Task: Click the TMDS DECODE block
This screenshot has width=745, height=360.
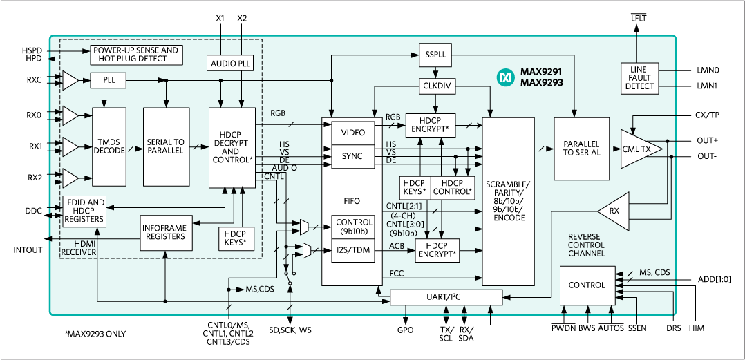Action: point(109,146)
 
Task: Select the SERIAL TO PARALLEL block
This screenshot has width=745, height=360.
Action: point(166,146)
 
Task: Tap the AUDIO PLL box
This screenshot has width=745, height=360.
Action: point(231,64)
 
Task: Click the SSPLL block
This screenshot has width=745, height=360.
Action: point(434,53)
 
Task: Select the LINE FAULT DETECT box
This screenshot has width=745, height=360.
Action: point(639,77)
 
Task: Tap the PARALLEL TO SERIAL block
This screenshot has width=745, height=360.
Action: point(581,148)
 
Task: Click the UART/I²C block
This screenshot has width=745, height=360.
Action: point(446,297)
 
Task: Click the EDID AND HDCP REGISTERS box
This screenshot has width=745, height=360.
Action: point(84,211)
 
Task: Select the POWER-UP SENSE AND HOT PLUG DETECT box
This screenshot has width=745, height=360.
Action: point(136,55)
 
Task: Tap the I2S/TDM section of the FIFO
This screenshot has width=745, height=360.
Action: point(352,251)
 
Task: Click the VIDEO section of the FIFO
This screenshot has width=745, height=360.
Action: point(352,131)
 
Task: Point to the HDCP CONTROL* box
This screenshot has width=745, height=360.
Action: point(452,187)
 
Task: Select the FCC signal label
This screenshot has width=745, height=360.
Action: point(396,273)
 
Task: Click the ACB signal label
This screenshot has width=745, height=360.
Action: point(396,245)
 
